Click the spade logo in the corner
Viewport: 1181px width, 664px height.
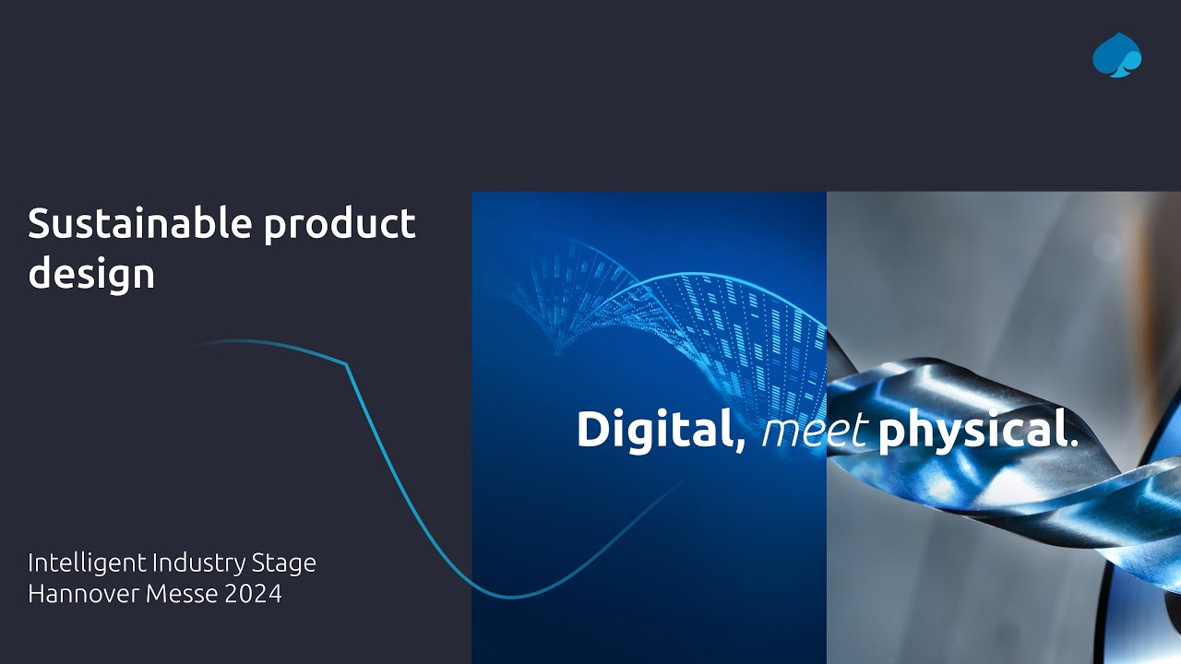[x=1116, y=55]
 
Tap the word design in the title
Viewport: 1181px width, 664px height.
[x=90, y=275]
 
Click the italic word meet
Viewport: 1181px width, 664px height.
[x=814, y=431]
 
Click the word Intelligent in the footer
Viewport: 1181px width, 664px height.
[x=86, y=563]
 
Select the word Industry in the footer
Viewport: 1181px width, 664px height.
[x=202, y=563]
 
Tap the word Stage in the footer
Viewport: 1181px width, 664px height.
[x=287, y=563]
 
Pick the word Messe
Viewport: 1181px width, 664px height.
[x=182, y=594]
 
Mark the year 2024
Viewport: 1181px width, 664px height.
[x=253, y=594]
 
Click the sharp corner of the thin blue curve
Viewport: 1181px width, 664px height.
[x=346, y=363]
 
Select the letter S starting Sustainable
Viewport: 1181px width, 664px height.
[x=38, y=224]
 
